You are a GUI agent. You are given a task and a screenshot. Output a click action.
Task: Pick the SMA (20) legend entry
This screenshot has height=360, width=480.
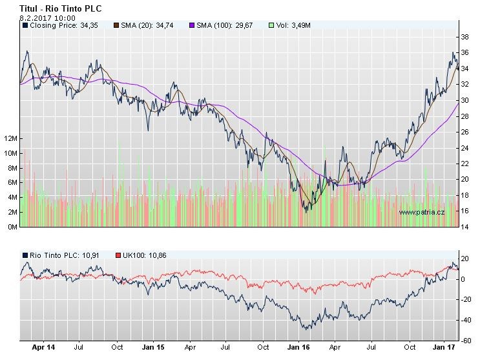click(145, 25)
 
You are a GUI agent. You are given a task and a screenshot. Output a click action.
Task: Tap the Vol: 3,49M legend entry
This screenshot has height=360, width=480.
click(292, 25)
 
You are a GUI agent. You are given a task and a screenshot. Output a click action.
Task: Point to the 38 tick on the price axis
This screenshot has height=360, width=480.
click(464, 37)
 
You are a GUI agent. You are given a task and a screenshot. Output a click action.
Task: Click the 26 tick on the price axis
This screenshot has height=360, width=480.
click(464, 132)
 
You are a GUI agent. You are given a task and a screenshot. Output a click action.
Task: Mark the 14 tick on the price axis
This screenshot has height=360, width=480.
click(464, 227)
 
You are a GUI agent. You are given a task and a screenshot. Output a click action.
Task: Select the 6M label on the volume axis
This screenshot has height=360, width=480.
click(12, 183)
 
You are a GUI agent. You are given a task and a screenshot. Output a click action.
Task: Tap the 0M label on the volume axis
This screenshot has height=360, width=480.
click(12, 227)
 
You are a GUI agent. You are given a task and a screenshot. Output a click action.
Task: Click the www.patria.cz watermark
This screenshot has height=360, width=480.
click(421, 212)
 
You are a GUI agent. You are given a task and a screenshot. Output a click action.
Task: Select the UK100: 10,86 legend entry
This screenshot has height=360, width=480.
click(143, 255)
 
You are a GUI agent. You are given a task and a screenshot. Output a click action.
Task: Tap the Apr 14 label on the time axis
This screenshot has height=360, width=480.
click(44, 347)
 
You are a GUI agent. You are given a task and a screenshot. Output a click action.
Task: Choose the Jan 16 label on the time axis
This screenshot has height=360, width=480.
click(298, 347)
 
